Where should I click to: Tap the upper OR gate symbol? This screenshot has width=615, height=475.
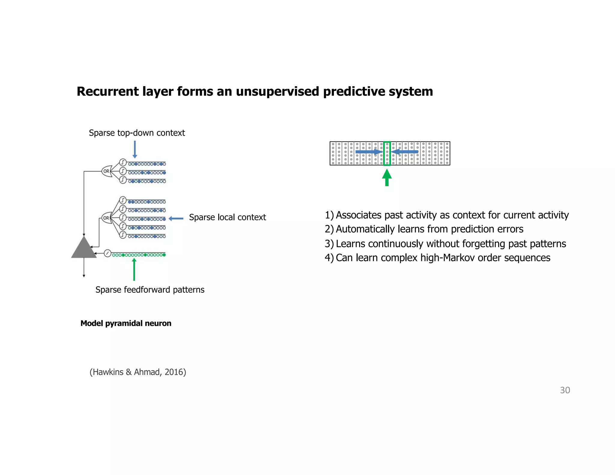107,171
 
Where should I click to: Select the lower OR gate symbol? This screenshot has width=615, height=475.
106,218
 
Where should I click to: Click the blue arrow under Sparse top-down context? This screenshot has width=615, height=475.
135,149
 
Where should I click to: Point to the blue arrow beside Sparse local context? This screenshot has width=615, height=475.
176,218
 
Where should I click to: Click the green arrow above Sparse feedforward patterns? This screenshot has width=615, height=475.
134,269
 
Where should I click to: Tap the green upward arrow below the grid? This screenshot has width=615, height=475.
387,177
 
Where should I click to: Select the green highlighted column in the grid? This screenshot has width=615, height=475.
387,153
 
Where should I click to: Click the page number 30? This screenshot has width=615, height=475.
565,390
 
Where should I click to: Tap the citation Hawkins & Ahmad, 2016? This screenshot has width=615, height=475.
138,372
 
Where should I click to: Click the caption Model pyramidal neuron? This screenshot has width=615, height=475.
126,323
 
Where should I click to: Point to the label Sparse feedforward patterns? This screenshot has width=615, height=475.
150,290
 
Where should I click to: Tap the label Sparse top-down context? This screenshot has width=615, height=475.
137,133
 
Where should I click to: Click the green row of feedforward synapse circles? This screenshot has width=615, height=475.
139,255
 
